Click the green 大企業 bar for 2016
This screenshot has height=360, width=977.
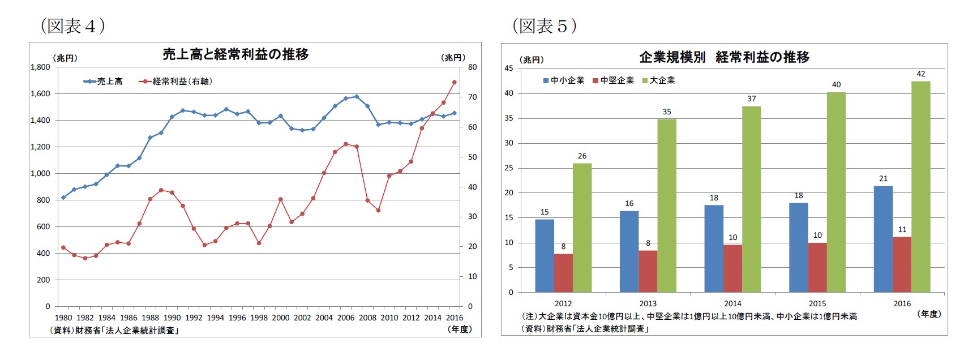920,187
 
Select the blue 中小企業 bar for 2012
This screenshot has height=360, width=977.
545,256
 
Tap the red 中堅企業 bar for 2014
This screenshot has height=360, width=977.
732,268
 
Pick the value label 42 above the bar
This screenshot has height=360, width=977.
921,74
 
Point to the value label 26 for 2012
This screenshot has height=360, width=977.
582,156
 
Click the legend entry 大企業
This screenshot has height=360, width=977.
659,80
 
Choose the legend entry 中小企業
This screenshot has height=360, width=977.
564,80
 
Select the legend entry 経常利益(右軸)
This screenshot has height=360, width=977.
176,82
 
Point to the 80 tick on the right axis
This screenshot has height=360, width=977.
472,67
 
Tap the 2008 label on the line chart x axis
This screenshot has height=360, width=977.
367,318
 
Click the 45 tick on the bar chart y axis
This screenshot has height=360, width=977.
508,68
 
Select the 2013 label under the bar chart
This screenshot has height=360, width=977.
648,303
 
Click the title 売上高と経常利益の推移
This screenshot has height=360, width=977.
235,54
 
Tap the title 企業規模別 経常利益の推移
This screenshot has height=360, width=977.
724,57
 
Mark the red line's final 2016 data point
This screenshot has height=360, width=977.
454,82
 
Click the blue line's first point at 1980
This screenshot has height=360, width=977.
63,198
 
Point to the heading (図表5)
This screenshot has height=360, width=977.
544,25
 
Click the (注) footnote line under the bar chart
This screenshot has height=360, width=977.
688,316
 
